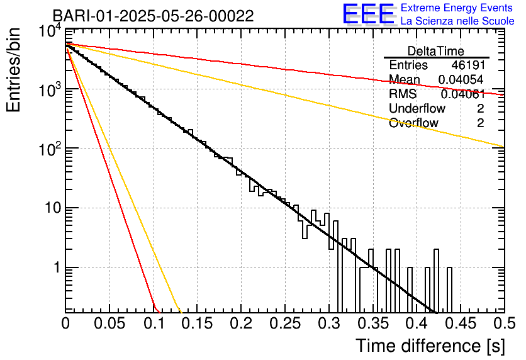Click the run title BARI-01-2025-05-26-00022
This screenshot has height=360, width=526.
153,16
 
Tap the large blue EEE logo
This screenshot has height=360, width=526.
368,14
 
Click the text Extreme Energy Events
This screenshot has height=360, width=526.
457,8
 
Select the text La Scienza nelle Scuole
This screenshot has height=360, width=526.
457,21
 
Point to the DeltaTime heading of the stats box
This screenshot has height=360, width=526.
436,51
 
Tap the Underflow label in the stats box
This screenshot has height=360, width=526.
417,109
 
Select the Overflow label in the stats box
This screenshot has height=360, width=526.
413,123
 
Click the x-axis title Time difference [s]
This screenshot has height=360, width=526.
430,346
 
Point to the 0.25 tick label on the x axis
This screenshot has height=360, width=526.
284,323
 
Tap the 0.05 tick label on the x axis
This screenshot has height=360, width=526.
109,323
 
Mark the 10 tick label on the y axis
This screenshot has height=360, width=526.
50,208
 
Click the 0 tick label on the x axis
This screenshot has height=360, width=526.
65,323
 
